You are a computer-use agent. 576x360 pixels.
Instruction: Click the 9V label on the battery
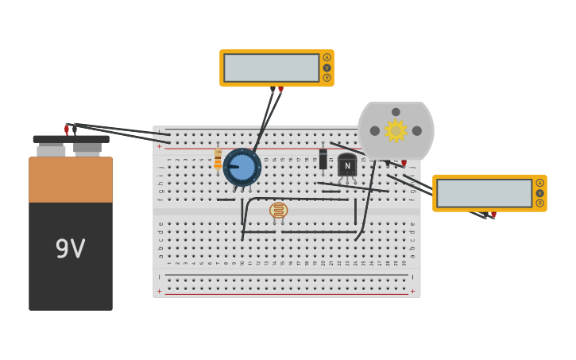[x=70, y=250]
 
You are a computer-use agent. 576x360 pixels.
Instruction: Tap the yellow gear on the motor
[x=396, y=130]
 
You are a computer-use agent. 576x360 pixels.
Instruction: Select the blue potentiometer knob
[x=242, y=167]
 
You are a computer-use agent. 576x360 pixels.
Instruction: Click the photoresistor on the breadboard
[x=278, y=211]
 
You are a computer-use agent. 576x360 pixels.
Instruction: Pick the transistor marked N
[x=347, y=165]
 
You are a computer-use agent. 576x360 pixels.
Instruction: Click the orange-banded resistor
[x=218, y=160]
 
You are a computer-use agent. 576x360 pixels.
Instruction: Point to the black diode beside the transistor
[x=323, y=157]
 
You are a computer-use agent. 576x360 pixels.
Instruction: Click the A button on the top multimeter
[x=327, y=57]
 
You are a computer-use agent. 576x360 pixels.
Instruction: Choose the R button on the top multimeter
[x=327, y=78]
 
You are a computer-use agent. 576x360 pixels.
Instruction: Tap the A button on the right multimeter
[x=539, y=183]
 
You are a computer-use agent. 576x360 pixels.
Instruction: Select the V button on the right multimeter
[x=539, y=193]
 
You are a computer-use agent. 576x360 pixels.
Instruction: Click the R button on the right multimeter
[x=539, y=203]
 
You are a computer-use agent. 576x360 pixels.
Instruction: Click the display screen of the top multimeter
[x=271, y=68]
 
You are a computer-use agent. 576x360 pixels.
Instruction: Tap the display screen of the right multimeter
[x=484, y=193]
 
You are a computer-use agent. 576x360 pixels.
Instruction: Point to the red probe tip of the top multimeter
[x=280, y=90]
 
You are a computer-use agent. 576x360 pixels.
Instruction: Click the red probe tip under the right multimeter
[x=493, y=215]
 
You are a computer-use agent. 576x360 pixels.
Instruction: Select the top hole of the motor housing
[x=396, y=112]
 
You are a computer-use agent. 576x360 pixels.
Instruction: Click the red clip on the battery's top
[x=67, y=129]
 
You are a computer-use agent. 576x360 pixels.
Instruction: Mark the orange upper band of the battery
[x=71, y=180]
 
